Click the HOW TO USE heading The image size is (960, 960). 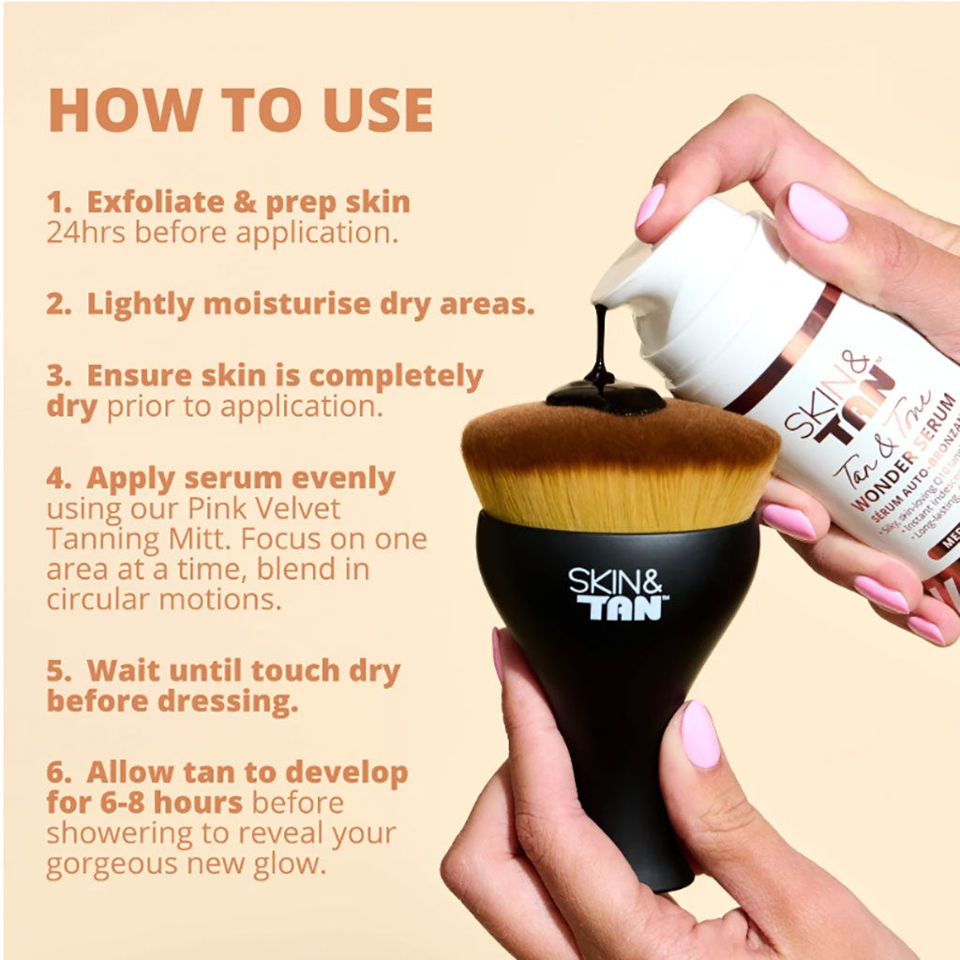(x=240, y=110)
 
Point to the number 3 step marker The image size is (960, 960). (x=56, y=376)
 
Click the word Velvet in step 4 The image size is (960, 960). (x=297, y=509)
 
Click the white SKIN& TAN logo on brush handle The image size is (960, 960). (x=618, y=593)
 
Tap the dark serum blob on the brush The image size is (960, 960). (x=606, y=396)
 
